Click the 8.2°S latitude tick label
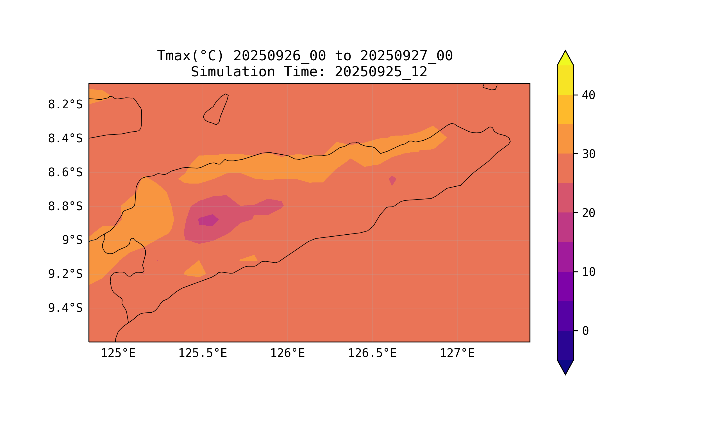point(65,105)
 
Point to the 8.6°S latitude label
point(65,173)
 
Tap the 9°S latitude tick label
point(72,240)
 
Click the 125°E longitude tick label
point(118,353)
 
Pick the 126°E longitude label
point(287,353)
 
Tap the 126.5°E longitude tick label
point(372,353)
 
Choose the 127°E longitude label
point(457,353)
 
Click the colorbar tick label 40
point(588,95)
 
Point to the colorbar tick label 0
point(585,331)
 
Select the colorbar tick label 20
point(588,213)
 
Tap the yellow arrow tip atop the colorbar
point(565,58)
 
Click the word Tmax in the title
point(174,56)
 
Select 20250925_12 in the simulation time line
point(381,72)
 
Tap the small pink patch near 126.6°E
point(392,180)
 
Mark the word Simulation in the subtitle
point(233,72)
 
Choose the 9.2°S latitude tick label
point(65,274)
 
